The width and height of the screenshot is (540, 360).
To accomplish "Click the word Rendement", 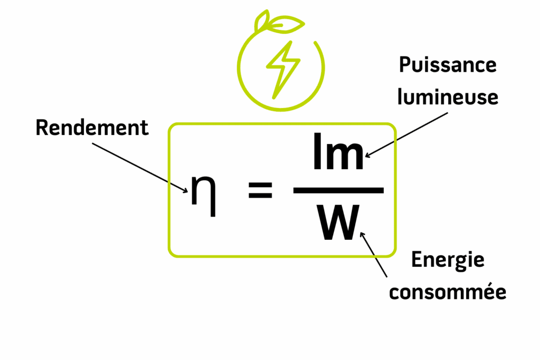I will [x=92, y=128].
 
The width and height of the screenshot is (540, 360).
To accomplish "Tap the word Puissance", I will [x=448, y=65].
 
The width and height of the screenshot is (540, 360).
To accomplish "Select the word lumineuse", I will [x=448, y=97].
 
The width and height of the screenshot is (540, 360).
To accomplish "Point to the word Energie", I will [x=447, y=260].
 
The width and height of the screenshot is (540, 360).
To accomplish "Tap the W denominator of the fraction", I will [x=337, y=222].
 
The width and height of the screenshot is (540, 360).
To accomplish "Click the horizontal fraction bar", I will [x=338, y=190].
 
